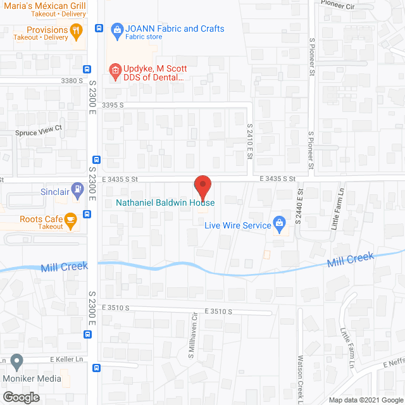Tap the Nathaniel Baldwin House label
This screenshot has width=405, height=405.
165,203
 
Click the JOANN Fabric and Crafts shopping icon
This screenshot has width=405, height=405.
116,28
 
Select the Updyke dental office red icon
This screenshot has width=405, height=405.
115,72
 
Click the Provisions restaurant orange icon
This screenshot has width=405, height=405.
77,29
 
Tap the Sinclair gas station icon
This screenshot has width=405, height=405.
77,189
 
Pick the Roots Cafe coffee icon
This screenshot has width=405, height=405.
70,220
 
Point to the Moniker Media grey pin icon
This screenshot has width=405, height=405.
16,362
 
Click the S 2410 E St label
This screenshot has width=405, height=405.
250,142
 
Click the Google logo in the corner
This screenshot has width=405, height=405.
20,397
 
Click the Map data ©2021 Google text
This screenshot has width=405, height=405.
364,399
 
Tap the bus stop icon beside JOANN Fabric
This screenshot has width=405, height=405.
99,28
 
